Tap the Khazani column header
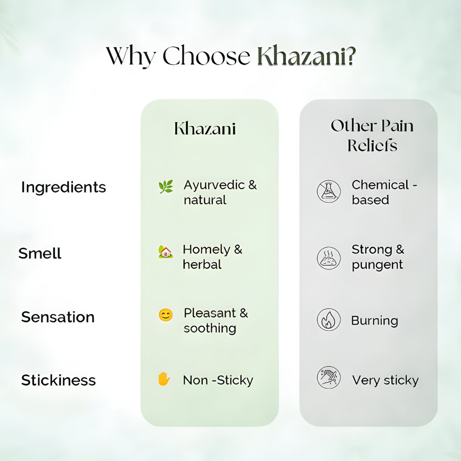point(205,128)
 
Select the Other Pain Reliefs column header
point(372,135)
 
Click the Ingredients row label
point(64,187)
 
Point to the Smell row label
point(40,253)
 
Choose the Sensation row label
point(58,317)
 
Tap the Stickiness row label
point(58,380)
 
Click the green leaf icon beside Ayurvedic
point(166,187)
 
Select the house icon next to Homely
point(166,252)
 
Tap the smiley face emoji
point(166,315)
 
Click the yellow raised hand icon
point(164,379)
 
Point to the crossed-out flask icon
point(329,191)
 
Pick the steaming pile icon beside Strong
point(329,258)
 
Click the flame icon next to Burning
point(329,320)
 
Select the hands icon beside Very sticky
point(329,377)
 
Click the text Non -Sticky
point(218,380)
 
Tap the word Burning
point(375,321)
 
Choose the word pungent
point(377,265)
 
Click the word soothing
point(210,329)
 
